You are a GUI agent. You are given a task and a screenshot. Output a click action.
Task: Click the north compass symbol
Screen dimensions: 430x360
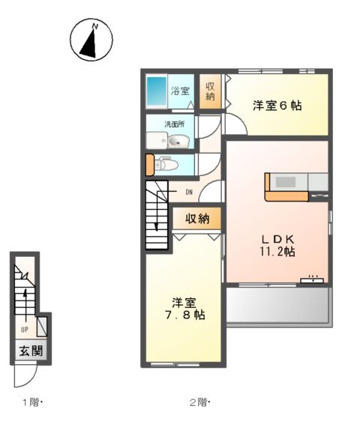pos(92,40)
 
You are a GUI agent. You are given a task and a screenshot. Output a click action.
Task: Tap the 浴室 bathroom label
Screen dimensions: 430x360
pos(180,91)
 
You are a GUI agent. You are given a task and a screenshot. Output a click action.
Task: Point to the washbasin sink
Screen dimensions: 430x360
pos(177,141)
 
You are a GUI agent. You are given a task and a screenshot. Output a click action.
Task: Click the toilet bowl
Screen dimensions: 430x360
pos(167,165)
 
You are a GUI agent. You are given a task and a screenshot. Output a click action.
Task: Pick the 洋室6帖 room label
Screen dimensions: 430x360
pos(277,106)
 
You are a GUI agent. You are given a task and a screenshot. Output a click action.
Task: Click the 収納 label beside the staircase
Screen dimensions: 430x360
pos(197,219)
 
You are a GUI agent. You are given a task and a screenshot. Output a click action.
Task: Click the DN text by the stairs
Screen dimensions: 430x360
pos(189,191)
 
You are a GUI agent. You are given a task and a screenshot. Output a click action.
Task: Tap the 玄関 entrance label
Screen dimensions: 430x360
pos(31,351)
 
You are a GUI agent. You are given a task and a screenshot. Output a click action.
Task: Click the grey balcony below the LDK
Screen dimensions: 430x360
pos(278,305)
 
